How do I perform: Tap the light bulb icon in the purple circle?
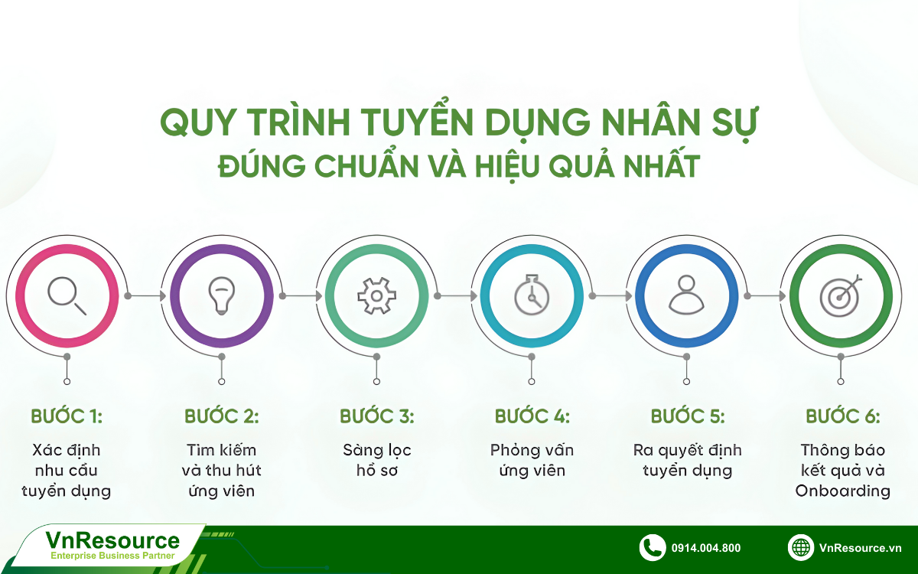(222, 295)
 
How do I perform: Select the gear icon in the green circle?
(376, 295)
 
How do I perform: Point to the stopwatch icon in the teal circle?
(531, 295)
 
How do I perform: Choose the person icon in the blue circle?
(686, 295)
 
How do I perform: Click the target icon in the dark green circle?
(841, 295)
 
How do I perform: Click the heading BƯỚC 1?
(67, 416)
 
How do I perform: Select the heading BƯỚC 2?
(222, 416)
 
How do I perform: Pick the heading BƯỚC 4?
(532, 416)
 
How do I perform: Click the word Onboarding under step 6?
(843, 491)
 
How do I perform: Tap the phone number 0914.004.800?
(705, 548)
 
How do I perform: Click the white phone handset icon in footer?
(652, 547)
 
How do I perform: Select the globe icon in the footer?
(801, 547)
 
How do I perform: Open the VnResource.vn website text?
(860, 548)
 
